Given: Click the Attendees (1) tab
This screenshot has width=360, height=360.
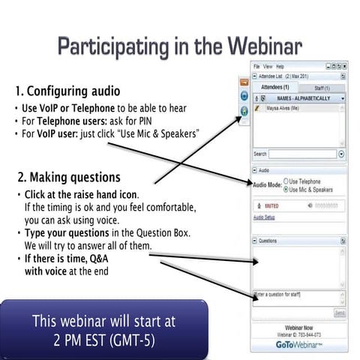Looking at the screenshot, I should coord(276,88).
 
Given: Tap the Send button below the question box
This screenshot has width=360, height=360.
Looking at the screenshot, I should coord(339,312).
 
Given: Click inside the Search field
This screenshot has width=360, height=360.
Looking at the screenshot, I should coord(302,154).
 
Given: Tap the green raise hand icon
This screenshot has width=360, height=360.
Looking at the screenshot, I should coord(244,111).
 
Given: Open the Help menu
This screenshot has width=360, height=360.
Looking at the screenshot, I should coord(281,66).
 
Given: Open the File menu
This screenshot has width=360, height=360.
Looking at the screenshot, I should coord(256,66).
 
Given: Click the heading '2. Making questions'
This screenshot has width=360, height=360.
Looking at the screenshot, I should coord(68,177).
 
